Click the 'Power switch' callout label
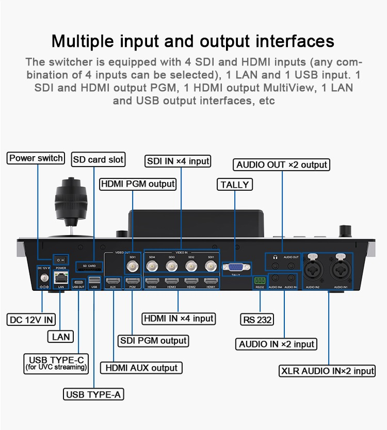(36, 158)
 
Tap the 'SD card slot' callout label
(98, 159)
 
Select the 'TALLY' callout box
(235, 185)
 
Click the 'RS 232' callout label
(257, 320)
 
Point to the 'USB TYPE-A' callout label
(94, 395)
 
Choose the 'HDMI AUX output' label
(141, 368)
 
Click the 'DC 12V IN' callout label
(31, 320)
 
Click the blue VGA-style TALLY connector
(236, 267)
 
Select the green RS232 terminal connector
(259, 281)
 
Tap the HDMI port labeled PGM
(132, 281)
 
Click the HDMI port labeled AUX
(112, 281)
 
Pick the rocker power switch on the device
(61, 260)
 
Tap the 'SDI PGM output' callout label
(153, 341)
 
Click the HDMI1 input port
(210, 281)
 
